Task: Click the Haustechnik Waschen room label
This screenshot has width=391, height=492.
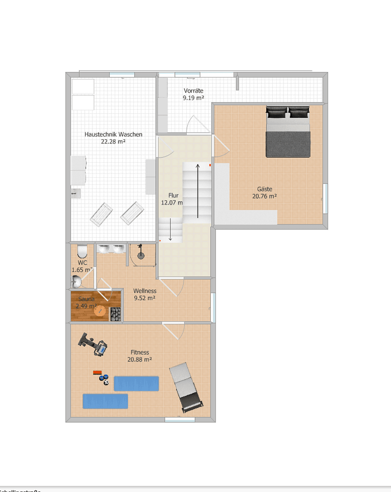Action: point(113,134)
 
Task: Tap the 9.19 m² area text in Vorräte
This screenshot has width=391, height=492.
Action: point(193,98)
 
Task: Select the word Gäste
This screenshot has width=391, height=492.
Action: point(264,189)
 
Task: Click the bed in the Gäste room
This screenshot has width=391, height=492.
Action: point(288,132)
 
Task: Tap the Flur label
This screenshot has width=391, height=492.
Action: point(173,195)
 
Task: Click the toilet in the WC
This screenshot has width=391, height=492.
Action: point(82,251)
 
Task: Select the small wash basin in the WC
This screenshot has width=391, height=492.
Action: point(76,283)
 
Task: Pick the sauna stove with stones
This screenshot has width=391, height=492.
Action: point(116,315)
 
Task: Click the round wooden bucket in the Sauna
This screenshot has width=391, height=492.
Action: point(100,311)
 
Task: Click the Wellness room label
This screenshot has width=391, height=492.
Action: point(145,291)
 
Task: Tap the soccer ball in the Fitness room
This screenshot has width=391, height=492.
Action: point(106,383)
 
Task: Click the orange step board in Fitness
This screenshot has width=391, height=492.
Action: point(96,372)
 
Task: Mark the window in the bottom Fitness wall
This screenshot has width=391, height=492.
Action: point(179,419)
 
